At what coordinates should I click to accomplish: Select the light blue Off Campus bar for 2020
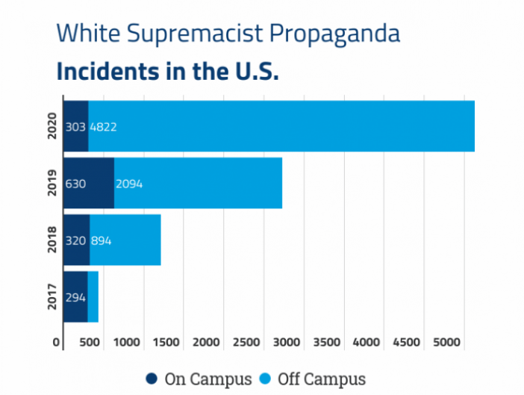pyautogui.click(x=299, y=125)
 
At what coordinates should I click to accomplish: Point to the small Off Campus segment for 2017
pyautogui.click(x=93, y=296)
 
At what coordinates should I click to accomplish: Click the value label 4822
pyautogui.click(x=104, y=126)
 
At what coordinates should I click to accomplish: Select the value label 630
pyautogui.click(x=76, y=184)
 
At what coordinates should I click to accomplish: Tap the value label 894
pyautogui.click(x=102, y=240)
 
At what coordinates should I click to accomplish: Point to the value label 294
pyautogui.click(x=75, y=297)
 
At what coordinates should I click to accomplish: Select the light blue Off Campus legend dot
pyautogui.click(x=266, y=379)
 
